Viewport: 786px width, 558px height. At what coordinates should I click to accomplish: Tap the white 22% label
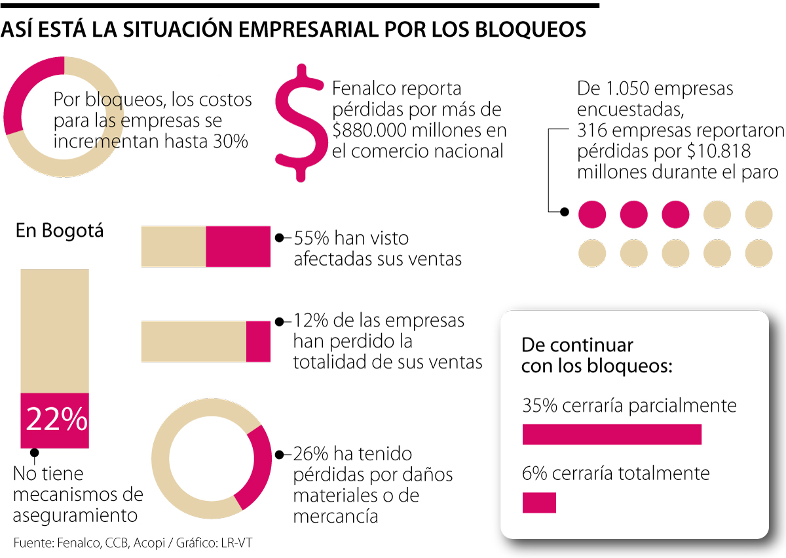[56, 420]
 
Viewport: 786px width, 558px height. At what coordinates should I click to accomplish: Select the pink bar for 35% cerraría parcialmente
[612, 435]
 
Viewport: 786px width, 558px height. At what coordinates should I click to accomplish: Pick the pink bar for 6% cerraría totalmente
[539, 502]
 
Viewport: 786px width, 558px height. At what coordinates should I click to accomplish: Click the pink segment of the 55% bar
[238, 247]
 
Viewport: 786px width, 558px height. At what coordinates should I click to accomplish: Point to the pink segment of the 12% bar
[258, 342]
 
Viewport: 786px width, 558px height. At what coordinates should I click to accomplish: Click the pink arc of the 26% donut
[256, 466]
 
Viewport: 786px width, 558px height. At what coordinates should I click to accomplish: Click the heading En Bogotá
[60, 231]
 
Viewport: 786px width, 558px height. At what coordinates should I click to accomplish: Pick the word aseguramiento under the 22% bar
[75, 515]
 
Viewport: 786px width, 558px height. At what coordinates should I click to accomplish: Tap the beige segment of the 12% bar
[194, 342]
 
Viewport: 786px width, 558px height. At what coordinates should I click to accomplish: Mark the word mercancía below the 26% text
[335, 515]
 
